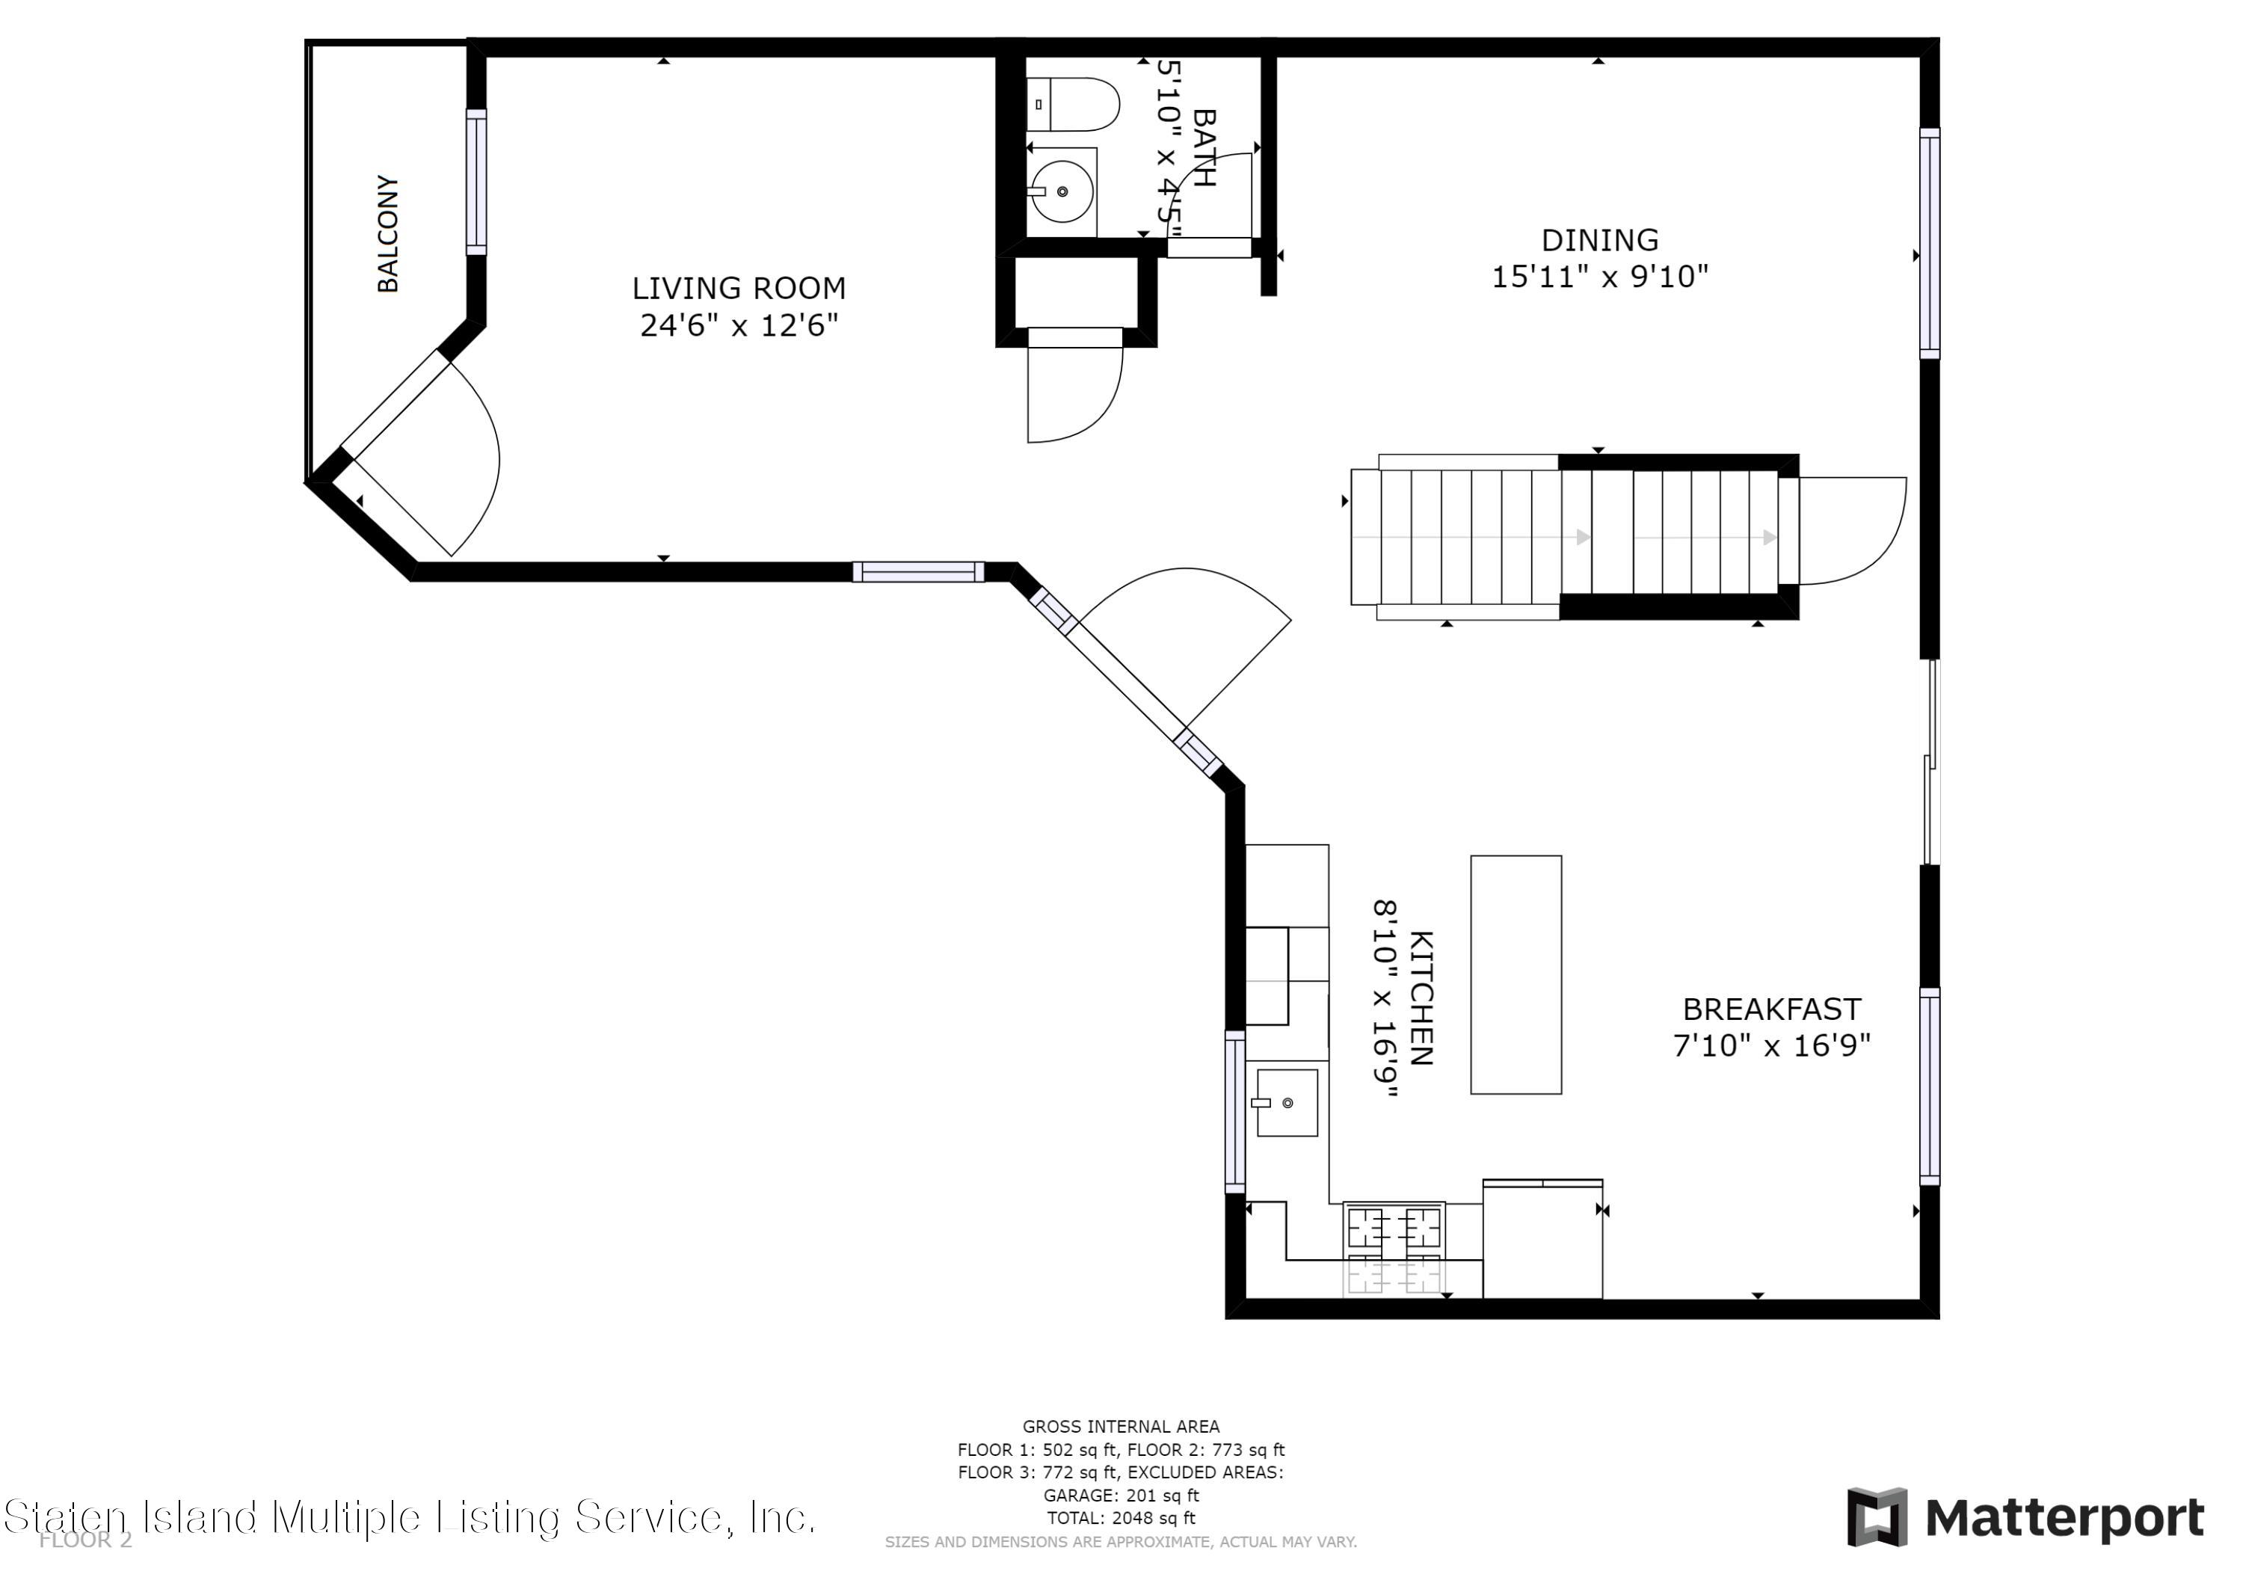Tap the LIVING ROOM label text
pyautogui.click(x=739, y=289)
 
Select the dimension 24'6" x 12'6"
pyautogui.click(x=739, y=325)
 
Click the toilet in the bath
pyautogui.click(x=1073, y=105)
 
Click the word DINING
pyautogui.click(x=1599, y=240)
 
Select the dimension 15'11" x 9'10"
pyautogui.click(x=1599, y=277)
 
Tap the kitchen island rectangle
pyautogui.click(x=1516, y=974)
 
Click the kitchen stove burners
pyautogui.click(x=1394, y=1249)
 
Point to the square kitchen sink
pyautogui.click(x=1287, y=1102)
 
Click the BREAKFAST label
pyautogui.click(x=1771, y=1009)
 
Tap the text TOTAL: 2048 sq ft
pyautogui.click(x=1121, y=1518)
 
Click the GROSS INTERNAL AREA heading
pyautogui.click(x=1121, y=1427)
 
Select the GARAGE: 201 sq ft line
pyautogui.click(x=1121, y=1495)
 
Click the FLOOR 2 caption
pyautogui.click(x=85, y=1541)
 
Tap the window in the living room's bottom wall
pyautogui.click(x=918, y=572)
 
